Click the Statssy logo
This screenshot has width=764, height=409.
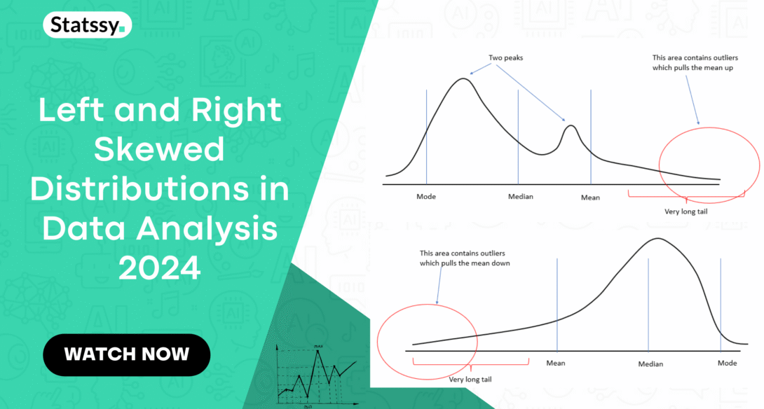[87, 26]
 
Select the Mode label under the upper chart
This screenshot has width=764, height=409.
[426, 197]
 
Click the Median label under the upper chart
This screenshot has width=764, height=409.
[520, 197]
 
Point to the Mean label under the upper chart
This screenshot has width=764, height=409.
[590, 197]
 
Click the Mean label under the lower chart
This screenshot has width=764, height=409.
[555, 363]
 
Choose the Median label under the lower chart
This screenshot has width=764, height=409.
[650, 364]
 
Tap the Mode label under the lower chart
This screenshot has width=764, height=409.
[727, 363]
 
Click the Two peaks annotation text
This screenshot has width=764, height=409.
[505, 57]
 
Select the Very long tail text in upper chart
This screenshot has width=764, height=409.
[685, 211]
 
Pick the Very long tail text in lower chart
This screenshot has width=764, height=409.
[469, 379]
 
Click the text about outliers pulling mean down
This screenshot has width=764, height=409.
[465, 258]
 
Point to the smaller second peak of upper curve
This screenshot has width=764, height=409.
[571, 126]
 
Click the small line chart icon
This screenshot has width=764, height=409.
[316, 375]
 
